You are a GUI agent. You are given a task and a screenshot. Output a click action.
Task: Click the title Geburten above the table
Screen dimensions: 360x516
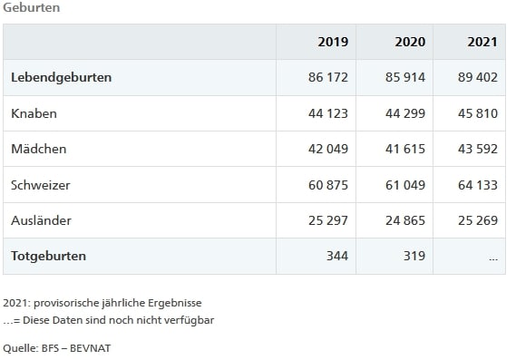pyautogui.click(x=30, y=7)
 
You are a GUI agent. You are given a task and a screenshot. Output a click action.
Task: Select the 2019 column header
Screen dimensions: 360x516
pyautogui.click(x=333, y=42)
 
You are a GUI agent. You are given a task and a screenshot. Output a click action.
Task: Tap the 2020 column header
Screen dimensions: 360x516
pyautogui.click(x=410, y=42)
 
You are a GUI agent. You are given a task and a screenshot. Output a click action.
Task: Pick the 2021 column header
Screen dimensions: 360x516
pyautogui.click(x=482, y=42)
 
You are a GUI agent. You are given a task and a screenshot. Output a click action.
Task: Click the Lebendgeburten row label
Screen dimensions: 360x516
pyautogui.click(x=61, y=78)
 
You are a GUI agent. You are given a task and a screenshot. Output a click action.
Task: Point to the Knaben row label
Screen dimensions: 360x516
pyautogui.click(x=34, y=113)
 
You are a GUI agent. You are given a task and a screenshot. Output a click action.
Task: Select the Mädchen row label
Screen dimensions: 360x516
pyautogui.click(x=39, y=149)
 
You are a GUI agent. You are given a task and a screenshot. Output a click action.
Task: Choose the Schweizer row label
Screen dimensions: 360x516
pyautogui.click(x=41, y=185)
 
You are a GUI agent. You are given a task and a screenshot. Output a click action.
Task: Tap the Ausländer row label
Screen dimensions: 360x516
pyautogui.click(x=41, y=220)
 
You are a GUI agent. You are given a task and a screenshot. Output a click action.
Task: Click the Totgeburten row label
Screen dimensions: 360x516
pyautogui.click(x=48, y=256)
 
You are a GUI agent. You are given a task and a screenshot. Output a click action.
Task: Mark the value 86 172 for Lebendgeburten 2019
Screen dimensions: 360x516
pyautogui.click(x=328, y=78)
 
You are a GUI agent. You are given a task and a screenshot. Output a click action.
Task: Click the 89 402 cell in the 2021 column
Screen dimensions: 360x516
pyautogui.click(x=478, y=78)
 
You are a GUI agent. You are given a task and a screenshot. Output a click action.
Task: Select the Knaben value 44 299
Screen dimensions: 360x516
pyautogui.click(x=404, y=113)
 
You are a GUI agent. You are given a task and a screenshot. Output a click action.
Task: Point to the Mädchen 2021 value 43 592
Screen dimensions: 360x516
pyautogui.click(x=478, y=149)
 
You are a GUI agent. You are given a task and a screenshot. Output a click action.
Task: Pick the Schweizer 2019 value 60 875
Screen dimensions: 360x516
pyautogui.click(x=328, y=185)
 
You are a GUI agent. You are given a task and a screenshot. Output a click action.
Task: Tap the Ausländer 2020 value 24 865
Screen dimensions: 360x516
pyautogui.click(x=404, y=220)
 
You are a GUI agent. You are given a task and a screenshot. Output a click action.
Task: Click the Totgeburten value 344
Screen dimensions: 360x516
pyautogui.click(x=337, y=256)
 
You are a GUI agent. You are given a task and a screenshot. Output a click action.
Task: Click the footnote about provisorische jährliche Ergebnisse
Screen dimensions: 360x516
pyautogui.click(x=102, y=302)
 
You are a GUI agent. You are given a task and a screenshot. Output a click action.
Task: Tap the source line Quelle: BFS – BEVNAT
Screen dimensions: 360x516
pyautogui.click(x=60, y=346)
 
